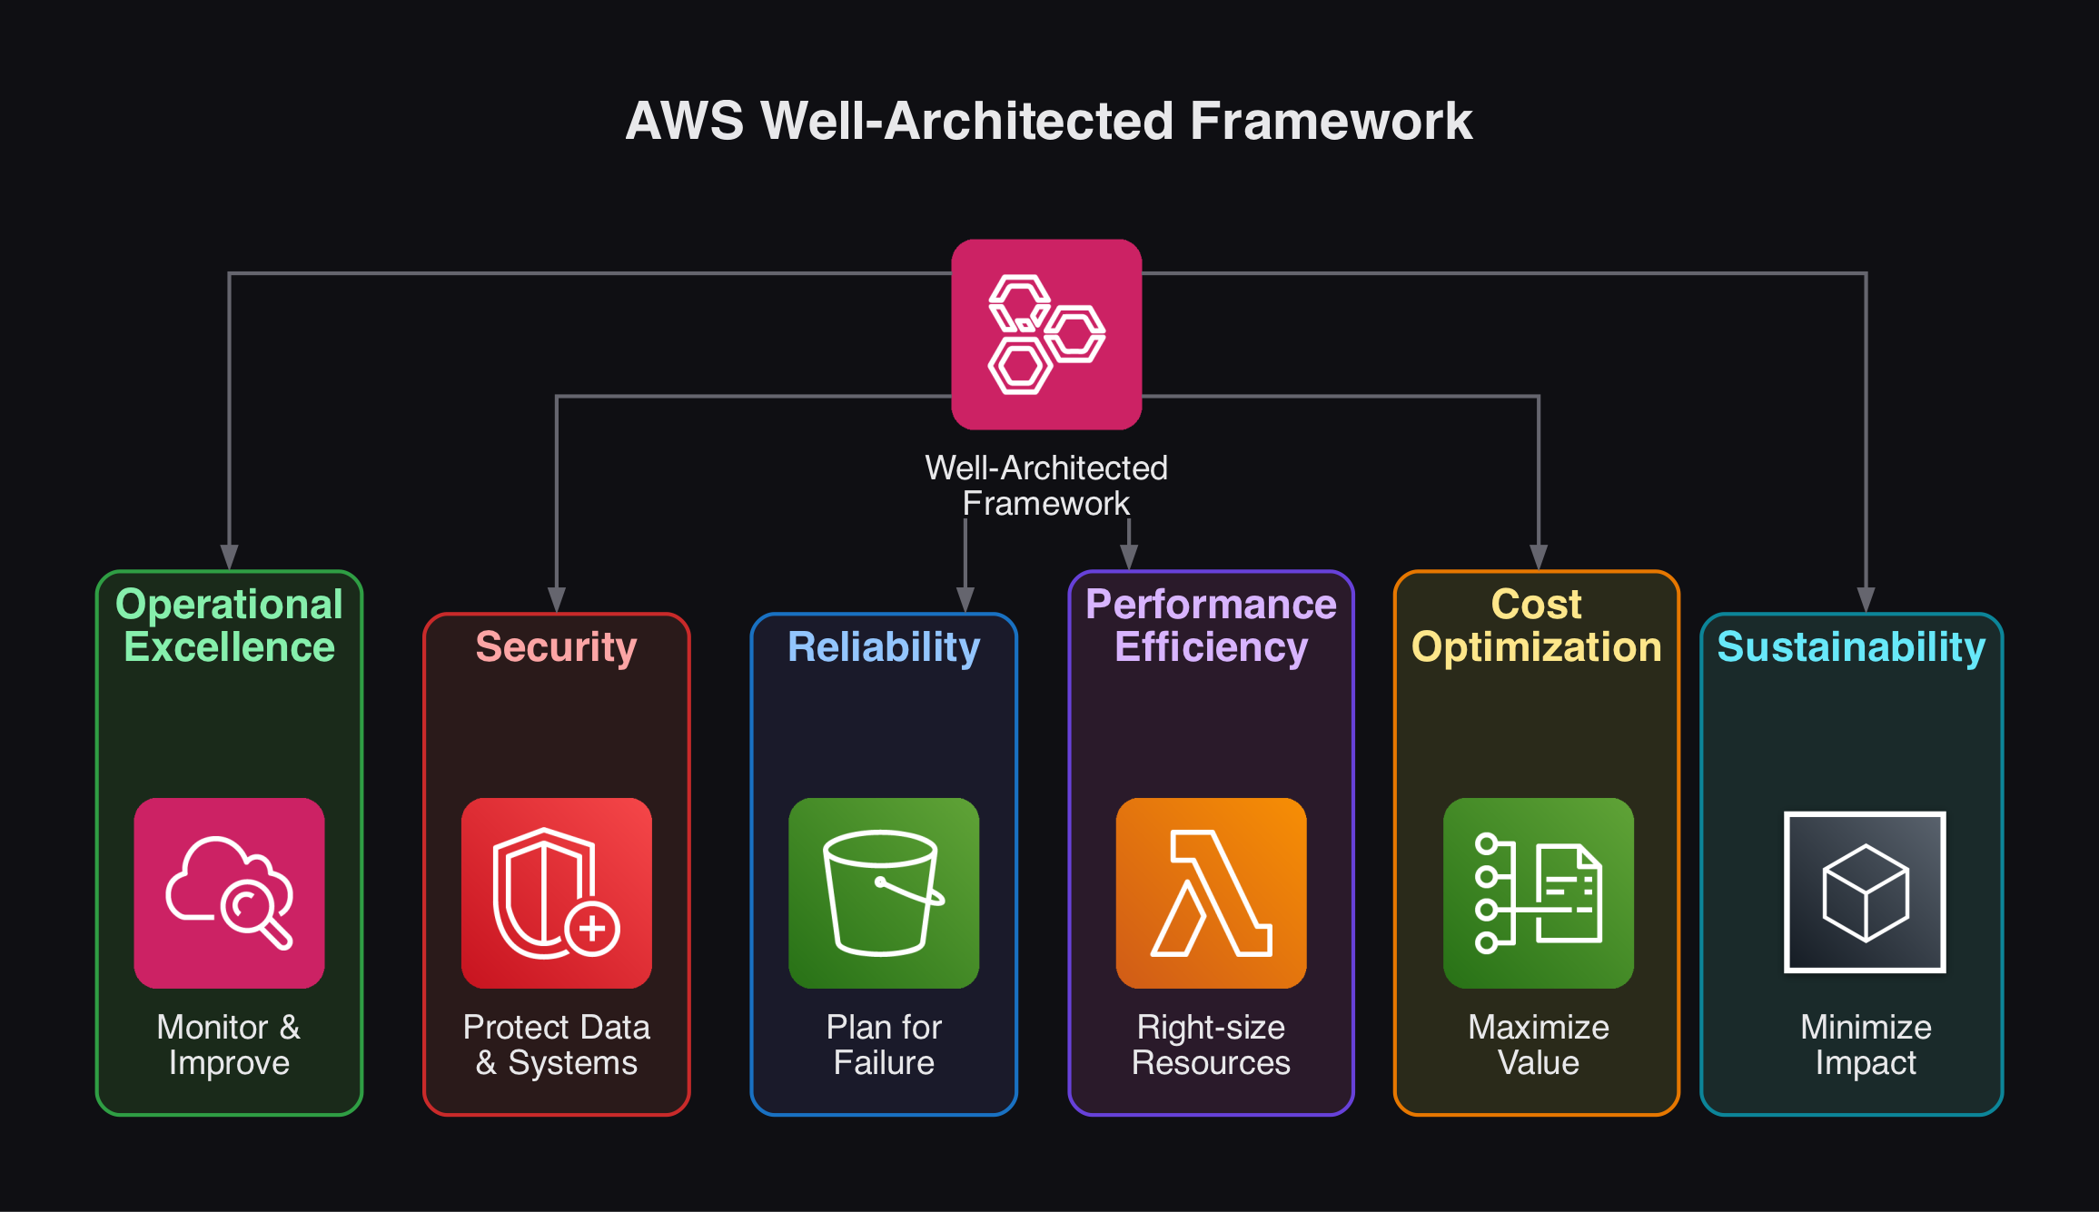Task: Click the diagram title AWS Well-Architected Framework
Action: (1049, 121)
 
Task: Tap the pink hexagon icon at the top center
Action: (1046, 334)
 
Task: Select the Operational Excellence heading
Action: (229, 626)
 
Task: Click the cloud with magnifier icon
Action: (229, 892)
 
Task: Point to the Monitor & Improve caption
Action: (229, 1044)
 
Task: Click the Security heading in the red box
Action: (556, 647)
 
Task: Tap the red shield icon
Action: (556, 892)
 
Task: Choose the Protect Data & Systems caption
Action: (556, 1044)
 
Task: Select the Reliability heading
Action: (884, 647)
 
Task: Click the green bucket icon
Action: (884, 892)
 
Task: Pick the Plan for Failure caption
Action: (884, 1044)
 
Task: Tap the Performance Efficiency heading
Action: (1211, 626)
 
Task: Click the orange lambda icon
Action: (1211, 892)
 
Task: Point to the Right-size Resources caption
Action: (1211, 1044)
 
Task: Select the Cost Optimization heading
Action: (1537, 626)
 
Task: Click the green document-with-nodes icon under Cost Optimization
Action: (1538, 892)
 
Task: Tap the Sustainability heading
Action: (1851, 647)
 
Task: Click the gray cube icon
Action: (1865, 892)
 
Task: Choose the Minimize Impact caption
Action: (1865, 1044)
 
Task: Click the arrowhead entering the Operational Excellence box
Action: (229, 557)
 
